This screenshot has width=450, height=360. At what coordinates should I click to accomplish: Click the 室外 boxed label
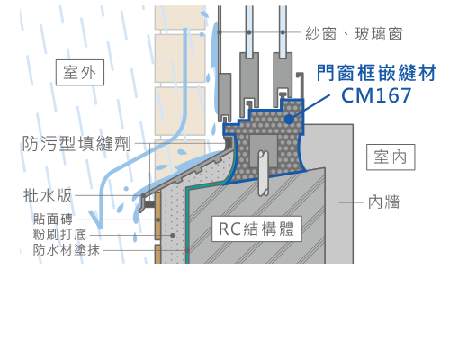[80, 73]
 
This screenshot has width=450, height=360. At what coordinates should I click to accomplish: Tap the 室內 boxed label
[391, 157]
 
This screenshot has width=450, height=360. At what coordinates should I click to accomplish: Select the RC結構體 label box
[256, 229]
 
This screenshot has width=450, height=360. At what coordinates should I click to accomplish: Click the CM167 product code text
[376, 95]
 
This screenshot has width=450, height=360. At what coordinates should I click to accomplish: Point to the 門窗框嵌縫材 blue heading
[376, 73]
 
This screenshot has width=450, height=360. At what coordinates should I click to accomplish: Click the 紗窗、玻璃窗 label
[354, 33]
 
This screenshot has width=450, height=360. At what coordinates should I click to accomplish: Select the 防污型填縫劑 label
[76, 143]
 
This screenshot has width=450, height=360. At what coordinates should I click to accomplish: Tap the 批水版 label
[48, 196]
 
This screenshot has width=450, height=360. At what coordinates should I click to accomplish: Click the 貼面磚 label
[53, 220]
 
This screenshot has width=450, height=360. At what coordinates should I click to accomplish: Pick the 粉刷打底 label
[59, 235]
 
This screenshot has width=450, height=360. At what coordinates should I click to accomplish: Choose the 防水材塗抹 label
[67, 250]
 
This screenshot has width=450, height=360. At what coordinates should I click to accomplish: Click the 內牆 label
[384, 202]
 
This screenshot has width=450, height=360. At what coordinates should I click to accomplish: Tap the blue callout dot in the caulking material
[289, 119]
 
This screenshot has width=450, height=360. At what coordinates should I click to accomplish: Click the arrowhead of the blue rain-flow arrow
[96, 220]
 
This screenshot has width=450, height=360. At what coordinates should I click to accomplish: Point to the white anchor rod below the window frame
[263, 173]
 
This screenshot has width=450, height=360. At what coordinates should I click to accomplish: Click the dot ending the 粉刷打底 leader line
[173, 235]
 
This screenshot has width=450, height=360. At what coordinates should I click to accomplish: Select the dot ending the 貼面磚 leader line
[158, 220]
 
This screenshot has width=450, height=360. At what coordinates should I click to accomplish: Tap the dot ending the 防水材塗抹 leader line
[187, 250]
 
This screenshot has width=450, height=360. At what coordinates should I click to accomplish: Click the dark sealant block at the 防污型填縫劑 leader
[229, 142]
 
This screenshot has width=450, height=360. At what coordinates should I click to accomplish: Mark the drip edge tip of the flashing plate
[140, 210]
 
